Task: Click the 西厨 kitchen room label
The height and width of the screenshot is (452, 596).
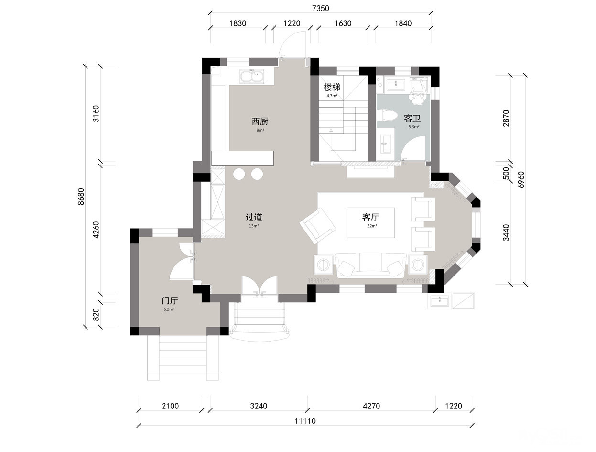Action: pos(260,121)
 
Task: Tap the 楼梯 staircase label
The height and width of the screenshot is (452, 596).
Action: pos(332,87)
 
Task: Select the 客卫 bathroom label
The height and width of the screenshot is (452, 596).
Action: pos(412,119)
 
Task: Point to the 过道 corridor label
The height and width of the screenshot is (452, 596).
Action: pos(254,217)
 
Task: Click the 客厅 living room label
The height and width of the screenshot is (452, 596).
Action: pos(370,217)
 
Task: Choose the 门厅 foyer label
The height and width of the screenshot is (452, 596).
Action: pos(170,301)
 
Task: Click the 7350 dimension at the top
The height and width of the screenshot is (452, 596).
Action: pos(320,9)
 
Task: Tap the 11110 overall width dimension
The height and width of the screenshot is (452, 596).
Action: pos(305,421)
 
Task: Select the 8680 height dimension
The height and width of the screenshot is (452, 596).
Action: pos(81,197)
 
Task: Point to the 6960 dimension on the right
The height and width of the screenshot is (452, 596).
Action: pos(521,179)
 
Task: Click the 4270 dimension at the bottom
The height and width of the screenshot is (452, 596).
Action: pos(371,406)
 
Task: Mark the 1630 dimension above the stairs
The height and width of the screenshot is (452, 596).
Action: pos(343,23)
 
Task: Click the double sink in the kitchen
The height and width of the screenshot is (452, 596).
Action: pos(252,77)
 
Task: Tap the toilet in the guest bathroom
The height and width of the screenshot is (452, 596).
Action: pos(389,115)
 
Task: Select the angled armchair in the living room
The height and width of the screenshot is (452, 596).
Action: pos(317,225)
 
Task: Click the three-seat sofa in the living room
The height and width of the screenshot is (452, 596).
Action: pos(370,265)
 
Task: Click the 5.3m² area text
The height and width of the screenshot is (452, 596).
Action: pos(414,127)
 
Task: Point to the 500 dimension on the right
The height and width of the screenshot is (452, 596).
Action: pos(506,173)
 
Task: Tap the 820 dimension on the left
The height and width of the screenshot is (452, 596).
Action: pos(96,315)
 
